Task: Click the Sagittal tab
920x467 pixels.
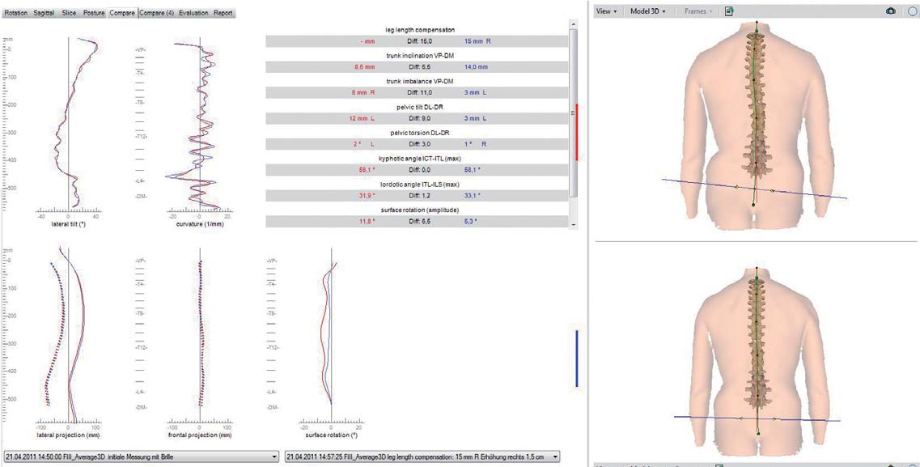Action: pos(45,14)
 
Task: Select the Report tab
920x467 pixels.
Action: pos(223,14)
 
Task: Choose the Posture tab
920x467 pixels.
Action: pos(94,14)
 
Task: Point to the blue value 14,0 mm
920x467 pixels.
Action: pos(476,67)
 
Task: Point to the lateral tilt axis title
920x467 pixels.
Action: pos(68,223)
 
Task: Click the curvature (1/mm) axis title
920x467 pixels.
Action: pos(199,223)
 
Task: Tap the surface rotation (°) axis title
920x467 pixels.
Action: pos(332,435)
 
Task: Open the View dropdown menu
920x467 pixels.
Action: pos(606,11)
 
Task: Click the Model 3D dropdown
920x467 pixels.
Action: pos(647,11)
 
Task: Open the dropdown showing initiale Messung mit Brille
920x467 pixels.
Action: pos(142,456)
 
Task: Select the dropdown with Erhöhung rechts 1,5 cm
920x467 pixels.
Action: pos(422,456)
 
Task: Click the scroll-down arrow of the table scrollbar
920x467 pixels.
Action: pos(574,223)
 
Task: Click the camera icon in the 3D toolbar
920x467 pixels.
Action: pos(890,11)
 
